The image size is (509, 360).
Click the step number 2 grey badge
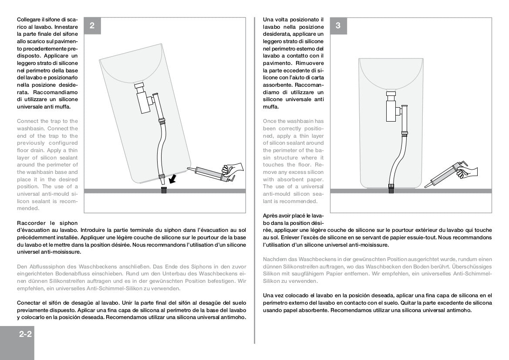pos(92,26)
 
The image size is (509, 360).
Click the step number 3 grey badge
pos(338,26)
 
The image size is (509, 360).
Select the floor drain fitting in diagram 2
pos(164,190)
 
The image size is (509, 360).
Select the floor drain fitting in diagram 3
pos(391,188)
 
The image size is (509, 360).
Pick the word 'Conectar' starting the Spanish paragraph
pos(30,302)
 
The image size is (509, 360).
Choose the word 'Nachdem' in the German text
pos(274,259)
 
